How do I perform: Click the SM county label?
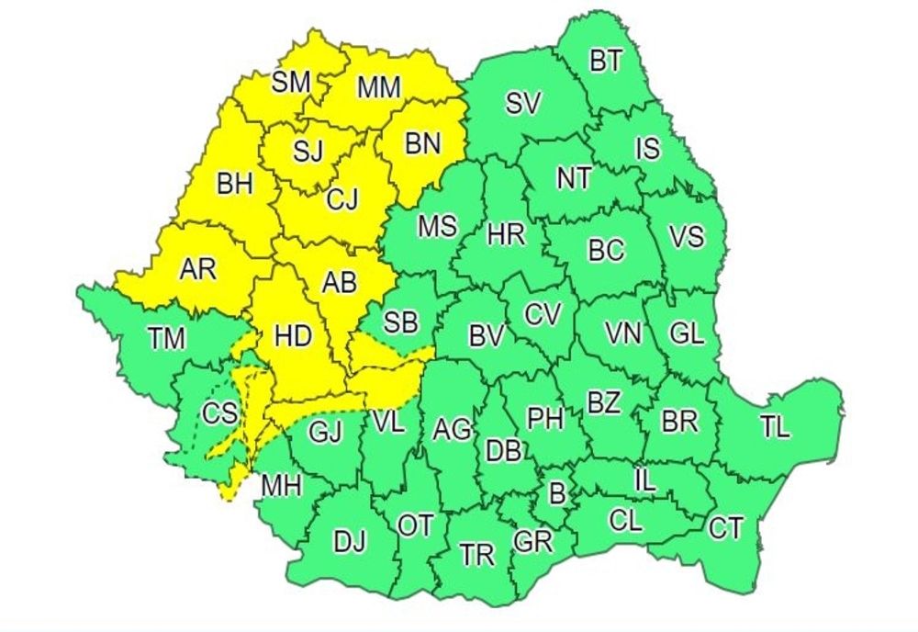pos(291,83)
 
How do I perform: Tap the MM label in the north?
pos(379,88)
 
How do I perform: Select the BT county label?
pos(605,62)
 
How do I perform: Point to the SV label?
pos(523,104)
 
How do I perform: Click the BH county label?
pos(235,185)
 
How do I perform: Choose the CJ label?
pos(342,198)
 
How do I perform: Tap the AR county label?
pos(197,269)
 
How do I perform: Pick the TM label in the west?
pos(166,339)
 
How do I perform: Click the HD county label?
pos(293,337)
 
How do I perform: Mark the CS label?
pos(219,414)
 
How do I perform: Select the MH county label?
pos(282,485)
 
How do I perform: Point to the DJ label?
pos(350,542)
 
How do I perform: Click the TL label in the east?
pos(775,427)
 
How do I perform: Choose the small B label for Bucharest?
pos(555,493)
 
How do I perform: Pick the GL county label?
pos(687,333)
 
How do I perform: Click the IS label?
pos(648,147)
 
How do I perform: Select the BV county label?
pos(487,337)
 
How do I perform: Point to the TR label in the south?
pos(476,555)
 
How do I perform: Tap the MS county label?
pos(437,226)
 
